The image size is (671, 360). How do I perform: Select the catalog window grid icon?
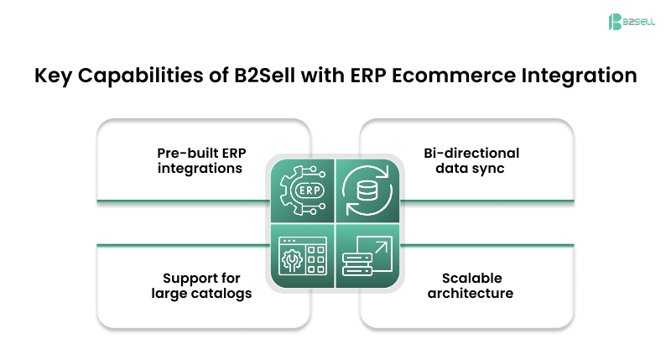pos(301,258)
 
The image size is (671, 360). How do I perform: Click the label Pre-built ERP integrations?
pos(200,160)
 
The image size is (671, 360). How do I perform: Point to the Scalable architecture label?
pos(469,285)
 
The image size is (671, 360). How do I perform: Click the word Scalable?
pos(469,278)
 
